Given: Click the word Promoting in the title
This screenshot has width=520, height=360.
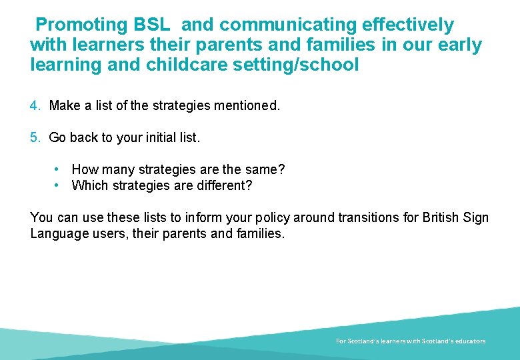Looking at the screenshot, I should [x=81, y=25].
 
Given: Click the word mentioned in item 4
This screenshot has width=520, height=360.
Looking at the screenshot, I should [x=247, y=106].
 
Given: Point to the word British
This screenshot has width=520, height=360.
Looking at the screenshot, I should [x=443, y=218].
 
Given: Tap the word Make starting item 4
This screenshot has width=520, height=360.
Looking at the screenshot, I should [x=64, y=106].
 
